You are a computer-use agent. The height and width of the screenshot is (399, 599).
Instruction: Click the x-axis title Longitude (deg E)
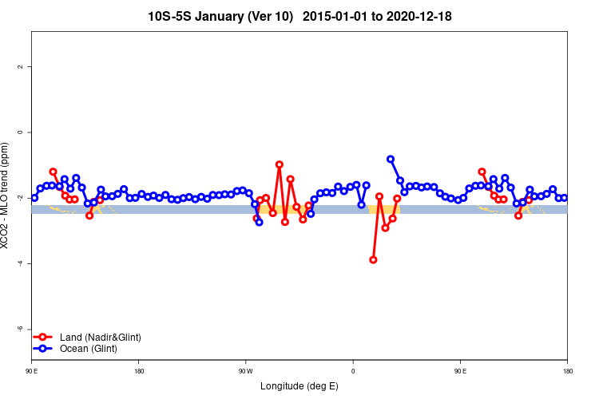coord(299,387)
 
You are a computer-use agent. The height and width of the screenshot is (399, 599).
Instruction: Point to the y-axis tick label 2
coord(20,66)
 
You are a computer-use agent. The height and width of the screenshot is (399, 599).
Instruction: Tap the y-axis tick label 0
coord(20,132)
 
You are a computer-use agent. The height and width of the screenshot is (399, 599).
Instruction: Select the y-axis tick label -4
coord(20,263)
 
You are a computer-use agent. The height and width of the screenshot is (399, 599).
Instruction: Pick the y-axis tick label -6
coord(20,329)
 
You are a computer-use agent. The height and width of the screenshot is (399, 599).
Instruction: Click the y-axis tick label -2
coord(20,198)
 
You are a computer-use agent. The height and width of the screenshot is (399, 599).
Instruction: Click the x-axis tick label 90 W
coord(245,371)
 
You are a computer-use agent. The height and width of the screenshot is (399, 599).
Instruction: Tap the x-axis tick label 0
coord(353,371)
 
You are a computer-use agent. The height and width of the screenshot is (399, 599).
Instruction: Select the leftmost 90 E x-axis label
coord(31,371)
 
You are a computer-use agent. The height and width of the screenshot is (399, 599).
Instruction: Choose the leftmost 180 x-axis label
coord(139,371)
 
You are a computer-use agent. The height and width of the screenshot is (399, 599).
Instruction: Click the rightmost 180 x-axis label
coord(567,371)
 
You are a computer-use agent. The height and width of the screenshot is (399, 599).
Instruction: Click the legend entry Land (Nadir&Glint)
coord(100,338)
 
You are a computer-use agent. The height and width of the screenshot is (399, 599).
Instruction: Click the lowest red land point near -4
coord(373,259)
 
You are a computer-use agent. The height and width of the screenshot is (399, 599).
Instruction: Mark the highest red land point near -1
coord(280,164)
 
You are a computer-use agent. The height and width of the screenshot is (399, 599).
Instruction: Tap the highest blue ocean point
coord(391,159)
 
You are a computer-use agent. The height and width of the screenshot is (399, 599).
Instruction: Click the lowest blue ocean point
coord(259,222)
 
